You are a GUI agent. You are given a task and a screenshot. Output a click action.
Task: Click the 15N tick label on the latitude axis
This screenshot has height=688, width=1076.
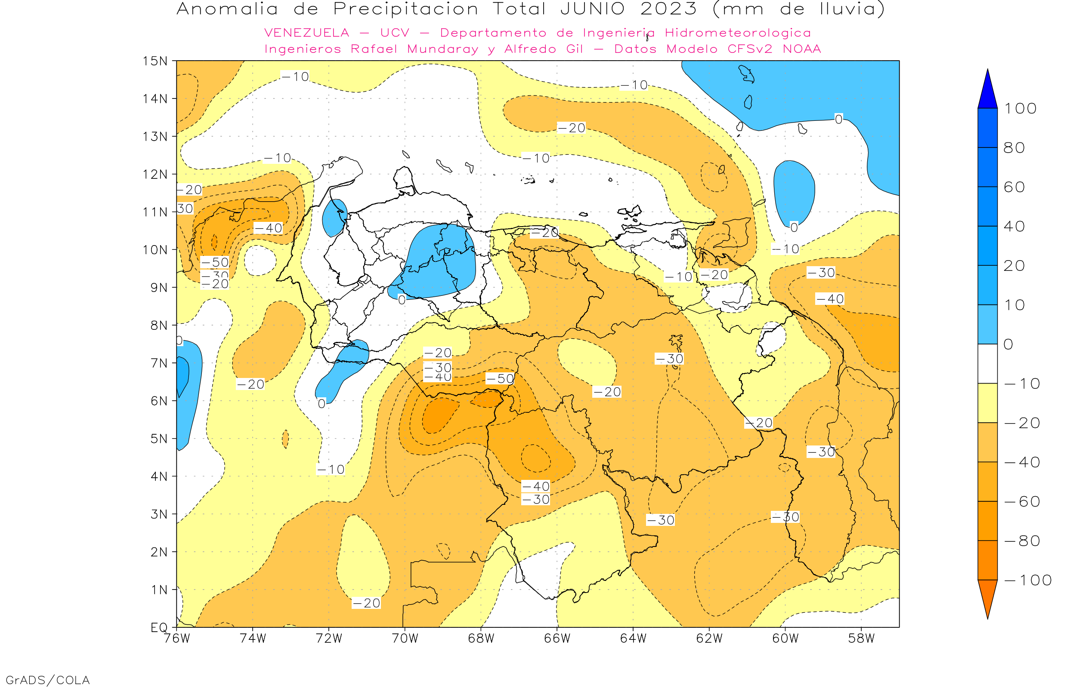coord(155,61)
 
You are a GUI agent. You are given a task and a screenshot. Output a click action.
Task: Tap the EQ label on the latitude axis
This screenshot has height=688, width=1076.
coord(159,627)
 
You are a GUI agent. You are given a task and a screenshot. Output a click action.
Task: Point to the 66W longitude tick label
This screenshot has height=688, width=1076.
coord(557,639)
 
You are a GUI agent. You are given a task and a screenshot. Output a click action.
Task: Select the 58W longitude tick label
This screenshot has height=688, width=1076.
coord(861,639)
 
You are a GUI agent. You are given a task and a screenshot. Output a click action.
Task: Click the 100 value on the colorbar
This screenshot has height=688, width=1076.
coord(1020,108)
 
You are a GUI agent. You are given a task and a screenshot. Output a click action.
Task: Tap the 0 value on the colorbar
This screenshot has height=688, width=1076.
coord(1008,344)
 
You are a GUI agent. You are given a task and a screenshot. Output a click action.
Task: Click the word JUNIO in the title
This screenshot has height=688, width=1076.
coord(593,9)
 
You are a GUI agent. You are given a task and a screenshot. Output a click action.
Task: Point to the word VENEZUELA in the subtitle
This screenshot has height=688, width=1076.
coord(307,33)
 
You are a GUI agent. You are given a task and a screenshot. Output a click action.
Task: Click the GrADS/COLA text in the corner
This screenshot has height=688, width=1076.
coord(48,680)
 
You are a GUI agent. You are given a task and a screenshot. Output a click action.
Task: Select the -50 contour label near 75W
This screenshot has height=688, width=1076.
coord(215,262)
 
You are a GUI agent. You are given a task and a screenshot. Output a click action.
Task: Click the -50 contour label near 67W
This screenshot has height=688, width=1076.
coord(500,379)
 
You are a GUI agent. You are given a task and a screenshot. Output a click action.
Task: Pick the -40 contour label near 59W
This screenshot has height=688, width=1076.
coord(830,299)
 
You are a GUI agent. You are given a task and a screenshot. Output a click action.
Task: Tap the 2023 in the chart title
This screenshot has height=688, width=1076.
coord(668,9)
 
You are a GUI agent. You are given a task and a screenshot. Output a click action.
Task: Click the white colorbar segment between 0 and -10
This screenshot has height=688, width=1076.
coord(987,364)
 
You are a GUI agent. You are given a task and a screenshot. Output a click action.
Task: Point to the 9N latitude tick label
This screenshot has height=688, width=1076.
coord(159,287)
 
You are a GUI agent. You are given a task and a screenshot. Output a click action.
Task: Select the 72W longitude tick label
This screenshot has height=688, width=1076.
coord(328,639)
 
